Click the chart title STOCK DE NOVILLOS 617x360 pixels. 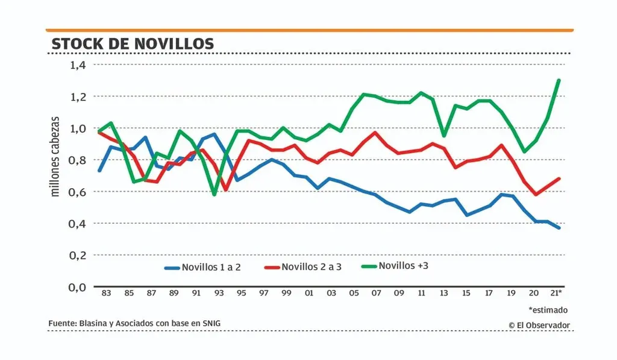[133, 44]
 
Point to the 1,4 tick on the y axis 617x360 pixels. [79, 65]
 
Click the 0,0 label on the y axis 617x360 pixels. [79, 287]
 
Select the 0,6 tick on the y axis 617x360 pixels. [79, 192]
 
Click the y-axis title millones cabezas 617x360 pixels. [55, 156]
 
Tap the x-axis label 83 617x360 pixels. [106, 293]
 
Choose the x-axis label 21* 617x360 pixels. [557, 293]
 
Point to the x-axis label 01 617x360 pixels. [309, 293]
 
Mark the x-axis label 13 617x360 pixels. [444, 293]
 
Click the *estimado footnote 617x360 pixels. [548, 310]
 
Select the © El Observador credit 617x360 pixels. [539, 325]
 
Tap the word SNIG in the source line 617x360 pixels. [211, 324]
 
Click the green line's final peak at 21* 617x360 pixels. [559, 80]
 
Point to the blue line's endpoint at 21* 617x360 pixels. [559, 227]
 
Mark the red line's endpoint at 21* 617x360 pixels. [559, 178]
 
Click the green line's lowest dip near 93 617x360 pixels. [214, 194]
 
